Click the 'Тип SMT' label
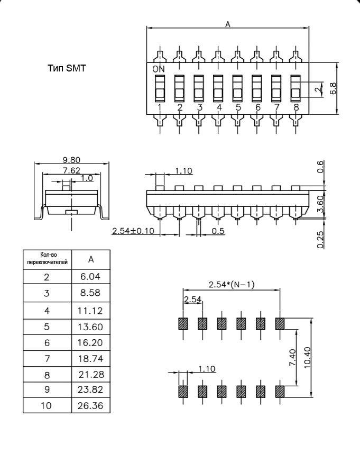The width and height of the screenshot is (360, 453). click(x=67, y=68)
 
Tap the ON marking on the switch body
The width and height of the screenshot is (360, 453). click(x=159, y=69)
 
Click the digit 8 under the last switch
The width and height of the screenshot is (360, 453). click(x=296, y=107)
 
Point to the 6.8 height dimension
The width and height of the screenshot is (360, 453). click(x=333, y=88)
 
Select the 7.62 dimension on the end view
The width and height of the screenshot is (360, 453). click(x=72, y=170)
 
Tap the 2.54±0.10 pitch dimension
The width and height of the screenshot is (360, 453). click(x=133, y=231)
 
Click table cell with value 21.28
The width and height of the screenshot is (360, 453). click(x=91, y=374)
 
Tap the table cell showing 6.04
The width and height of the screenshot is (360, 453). click(x=91, y=276)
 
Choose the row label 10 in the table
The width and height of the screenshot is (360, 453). click(x=47, y=406)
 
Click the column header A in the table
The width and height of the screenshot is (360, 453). click(x=91, y=259)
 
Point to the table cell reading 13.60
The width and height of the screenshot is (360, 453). click(x=91, y=326)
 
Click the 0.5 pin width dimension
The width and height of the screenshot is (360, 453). click(x=218, y=231)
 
